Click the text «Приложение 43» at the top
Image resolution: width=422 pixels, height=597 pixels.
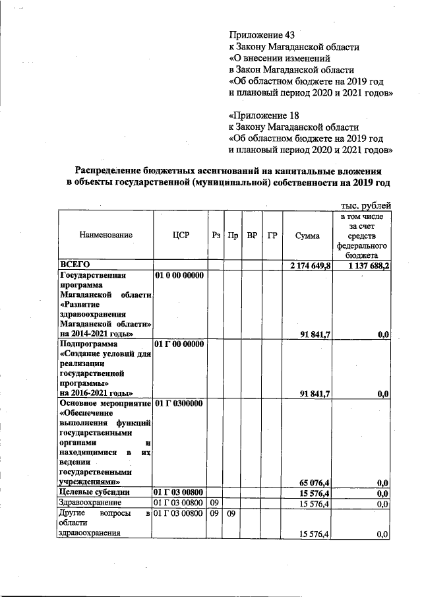[258, 34]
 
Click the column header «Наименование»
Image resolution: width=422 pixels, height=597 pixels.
[105, 235]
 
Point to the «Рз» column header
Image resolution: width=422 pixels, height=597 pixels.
[216, 235]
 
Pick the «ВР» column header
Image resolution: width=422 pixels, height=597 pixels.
[252, 235]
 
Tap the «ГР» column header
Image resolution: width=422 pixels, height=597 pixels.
[272, 235]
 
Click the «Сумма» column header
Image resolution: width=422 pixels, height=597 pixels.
[307, 235]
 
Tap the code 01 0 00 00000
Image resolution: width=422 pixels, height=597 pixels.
[180, 274]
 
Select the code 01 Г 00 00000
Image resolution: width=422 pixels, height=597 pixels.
[180, 344]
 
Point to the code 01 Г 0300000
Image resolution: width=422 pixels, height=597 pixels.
[179, 402]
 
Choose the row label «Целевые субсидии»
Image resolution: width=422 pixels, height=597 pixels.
[94, 492]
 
